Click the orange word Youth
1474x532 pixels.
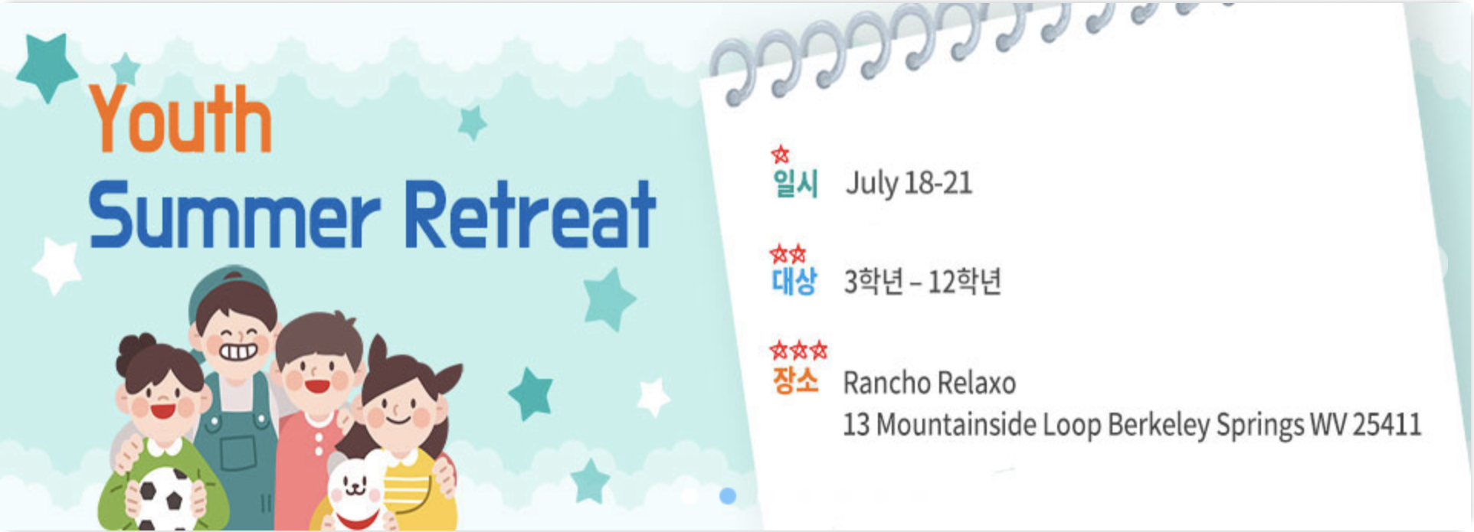point(181,119)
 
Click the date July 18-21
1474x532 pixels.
point(909,184)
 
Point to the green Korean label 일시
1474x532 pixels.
point(796,184)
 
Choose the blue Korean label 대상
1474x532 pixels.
point(794,281)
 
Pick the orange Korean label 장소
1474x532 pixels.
point(796,380)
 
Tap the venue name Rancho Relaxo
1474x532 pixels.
point(929,383)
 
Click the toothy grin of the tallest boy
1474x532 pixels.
point(239,353)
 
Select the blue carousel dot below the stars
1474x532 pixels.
point(728,496)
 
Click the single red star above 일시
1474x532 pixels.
point(780,155)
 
